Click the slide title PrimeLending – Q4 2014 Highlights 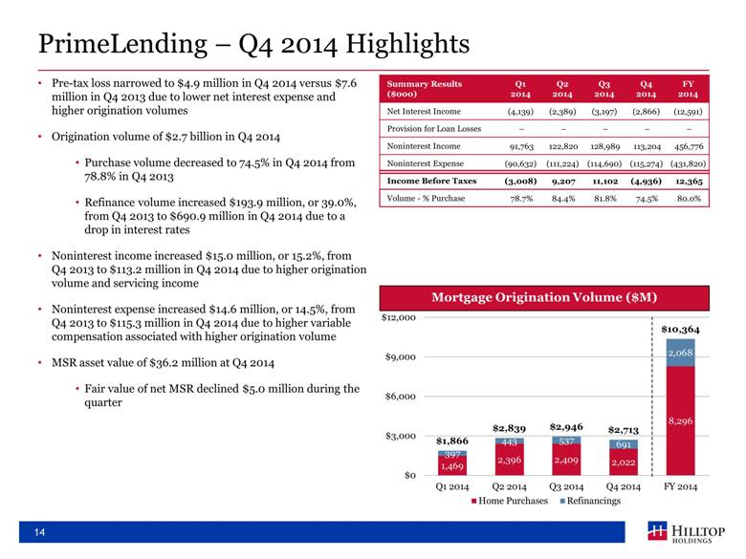252,44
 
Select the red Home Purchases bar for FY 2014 680,420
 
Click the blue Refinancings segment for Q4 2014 624,444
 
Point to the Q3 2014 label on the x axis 567,487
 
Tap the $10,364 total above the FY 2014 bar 680,329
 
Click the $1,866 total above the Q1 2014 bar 452,441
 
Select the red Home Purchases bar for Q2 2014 510,461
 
